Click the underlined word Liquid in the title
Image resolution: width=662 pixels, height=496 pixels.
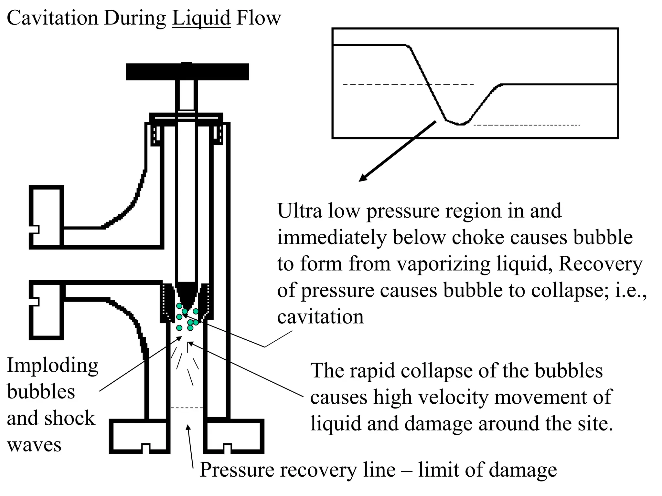click(x=201, y=18)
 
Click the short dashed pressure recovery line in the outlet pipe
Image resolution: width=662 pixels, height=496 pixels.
click(x=187, y=408)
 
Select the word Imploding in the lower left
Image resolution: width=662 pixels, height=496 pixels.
click(x=53, y=366)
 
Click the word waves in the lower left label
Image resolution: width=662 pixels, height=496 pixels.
click(x=34, y=445)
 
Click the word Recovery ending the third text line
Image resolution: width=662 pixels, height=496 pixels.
click(x=600, y=264)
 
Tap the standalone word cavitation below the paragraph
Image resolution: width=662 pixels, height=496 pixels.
click(x=320, y=317)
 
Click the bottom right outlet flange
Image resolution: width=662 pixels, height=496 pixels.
click(x=234, y=436)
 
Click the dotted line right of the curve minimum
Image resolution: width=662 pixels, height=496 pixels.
click(x=527, y=125)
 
